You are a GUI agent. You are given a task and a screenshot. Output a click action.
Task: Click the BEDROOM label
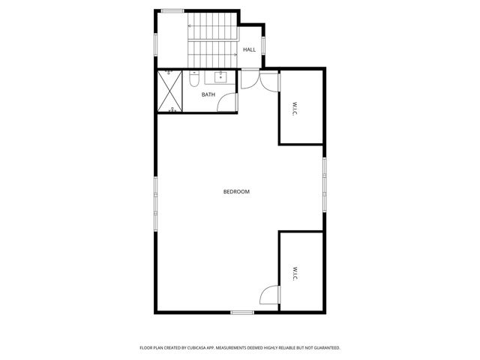(x=236, y=192)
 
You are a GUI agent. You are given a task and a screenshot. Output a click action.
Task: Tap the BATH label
(x=208, y=94)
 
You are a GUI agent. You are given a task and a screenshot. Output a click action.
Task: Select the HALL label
(x=249, y=49)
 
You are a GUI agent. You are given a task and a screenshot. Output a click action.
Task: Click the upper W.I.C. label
(x=289, y=108)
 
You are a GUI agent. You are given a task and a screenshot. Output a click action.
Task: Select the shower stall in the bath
(x=171, y=91)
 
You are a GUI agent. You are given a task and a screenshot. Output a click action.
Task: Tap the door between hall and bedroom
(x=250, y=78)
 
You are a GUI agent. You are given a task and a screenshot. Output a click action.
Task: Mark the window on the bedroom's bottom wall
(x=241, y=312)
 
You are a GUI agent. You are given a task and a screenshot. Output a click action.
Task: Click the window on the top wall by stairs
(x=172, y=10)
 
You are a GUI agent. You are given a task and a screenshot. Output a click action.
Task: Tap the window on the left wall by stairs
(x=155, y=43)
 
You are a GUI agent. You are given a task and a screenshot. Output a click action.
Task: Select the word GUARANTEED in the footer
(x=323, y=348)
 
